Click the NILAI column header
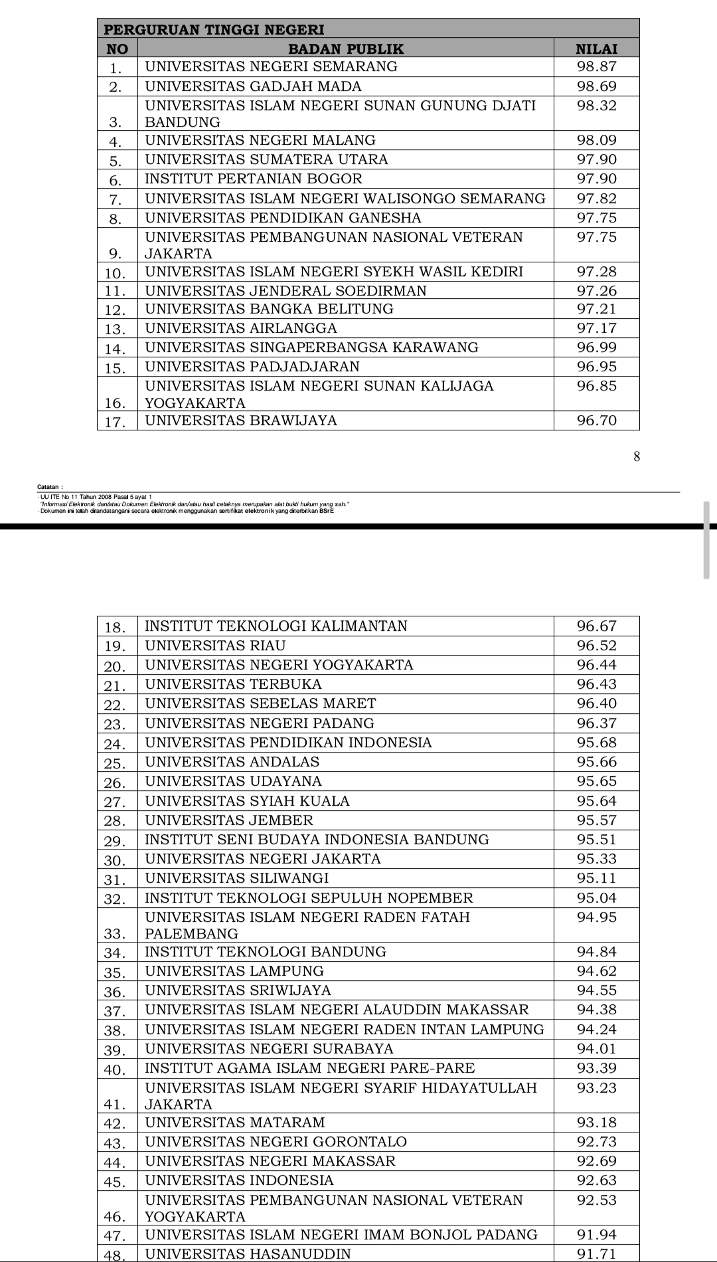596,48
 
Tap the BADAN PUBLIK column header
346,48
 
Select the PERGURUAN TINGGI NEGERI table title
215,29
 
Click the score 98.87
596,66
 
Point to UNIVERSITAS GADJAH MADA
254,86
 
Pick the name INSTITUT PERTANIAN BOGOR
254,179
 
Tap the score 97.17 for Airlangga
596,328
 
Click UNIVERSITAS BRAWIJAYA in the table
241,420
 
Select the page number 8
637,456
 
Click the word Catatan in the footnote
50,487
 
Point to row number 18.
116,627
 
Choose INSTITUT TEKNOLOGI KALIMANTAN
276,626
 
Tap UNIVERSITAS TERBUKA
233,684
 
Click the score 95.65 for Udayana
596,781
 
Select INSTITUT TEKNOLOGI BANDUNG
266,952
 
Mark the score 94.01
596,1049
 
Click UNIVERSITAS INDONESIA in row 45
240,1180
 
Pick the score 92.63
596,1180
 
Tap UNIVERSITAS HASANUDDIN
248,1254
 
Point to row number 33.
116,934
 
